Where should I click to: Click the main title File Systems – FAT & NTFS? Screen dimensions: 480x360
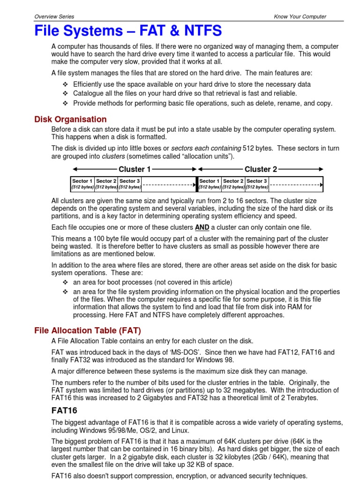[128, 31]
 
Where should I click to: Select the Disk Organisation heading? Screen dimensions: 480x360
[70, 119]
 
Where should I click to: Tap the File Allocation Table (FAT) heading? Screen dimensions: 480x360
[88, 330]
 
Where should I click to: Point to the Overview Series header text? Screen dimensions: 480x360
[54, 16]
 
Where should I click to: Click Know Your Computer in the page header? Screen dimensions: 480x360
[300, 16]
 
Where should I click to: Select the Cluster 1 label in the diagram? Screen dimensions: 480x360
[135, 169]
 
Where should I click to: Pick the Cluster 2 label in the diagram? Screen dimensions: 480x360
[261, 169]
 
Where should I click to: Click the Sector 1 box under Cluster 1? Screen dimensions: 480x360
[82, 184]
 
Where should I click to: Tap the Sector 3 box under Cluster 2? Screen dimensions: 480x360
[257, 184]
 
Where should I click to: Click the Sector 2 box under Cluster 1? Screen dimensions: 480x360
[106, 184]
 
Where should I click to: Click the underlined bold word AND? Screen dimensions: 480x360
[202, 228]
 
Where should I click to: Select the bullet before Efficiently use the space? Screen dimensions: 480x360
[65, 84]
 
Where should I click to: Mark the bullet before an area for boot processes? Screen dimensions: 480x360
[65, 282]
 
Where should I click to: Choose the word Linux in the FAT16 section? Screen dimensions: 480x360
[180, 430]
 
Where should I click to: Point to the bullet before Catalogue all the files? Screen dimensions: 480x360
[65, 94]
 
